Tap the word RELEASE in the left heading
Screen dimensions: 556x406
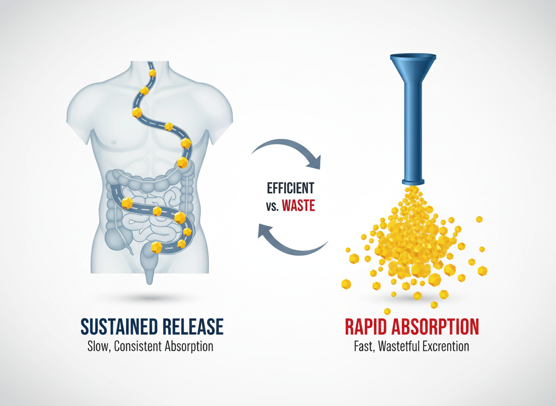click(193, 326)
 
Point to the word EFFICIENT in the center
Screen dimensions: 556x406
click(290, 188)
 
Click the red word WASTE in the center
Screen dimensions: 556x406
click(298, 205)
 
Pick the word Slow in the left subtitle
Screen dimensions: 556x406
click(98, 347)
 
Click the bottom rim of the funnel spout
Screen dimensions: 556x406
click(413, 182)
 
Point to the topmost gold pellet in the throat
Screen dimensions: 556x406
click(152, 73)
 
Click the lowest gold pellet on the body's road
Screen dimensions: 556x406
click(156, 247)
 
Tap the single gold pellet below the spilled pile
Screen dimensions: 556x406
click(387, 311)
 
